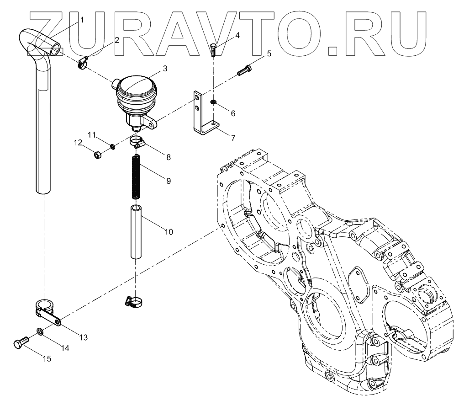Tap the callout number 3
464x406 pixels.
click(x=165, y=69)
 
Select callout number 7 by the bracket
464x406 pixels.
click(x=233, y=137)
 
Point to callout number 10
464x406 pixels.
click(x=169, y=232)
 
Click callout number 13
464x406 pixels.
click(x=83, y=337)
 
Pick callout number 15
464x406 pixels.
click(x=47, y=359)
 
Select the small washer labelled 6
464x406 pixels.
click(x=213, y=101)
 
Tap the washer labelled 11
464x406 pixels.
click(x=112, y=146)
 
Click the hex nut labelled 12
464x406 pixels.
click(x=97, y=156)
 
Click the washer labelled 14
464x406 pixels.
click(x=40, y=331)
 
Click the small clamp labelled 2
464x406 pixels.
click(x=83, y=63)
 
